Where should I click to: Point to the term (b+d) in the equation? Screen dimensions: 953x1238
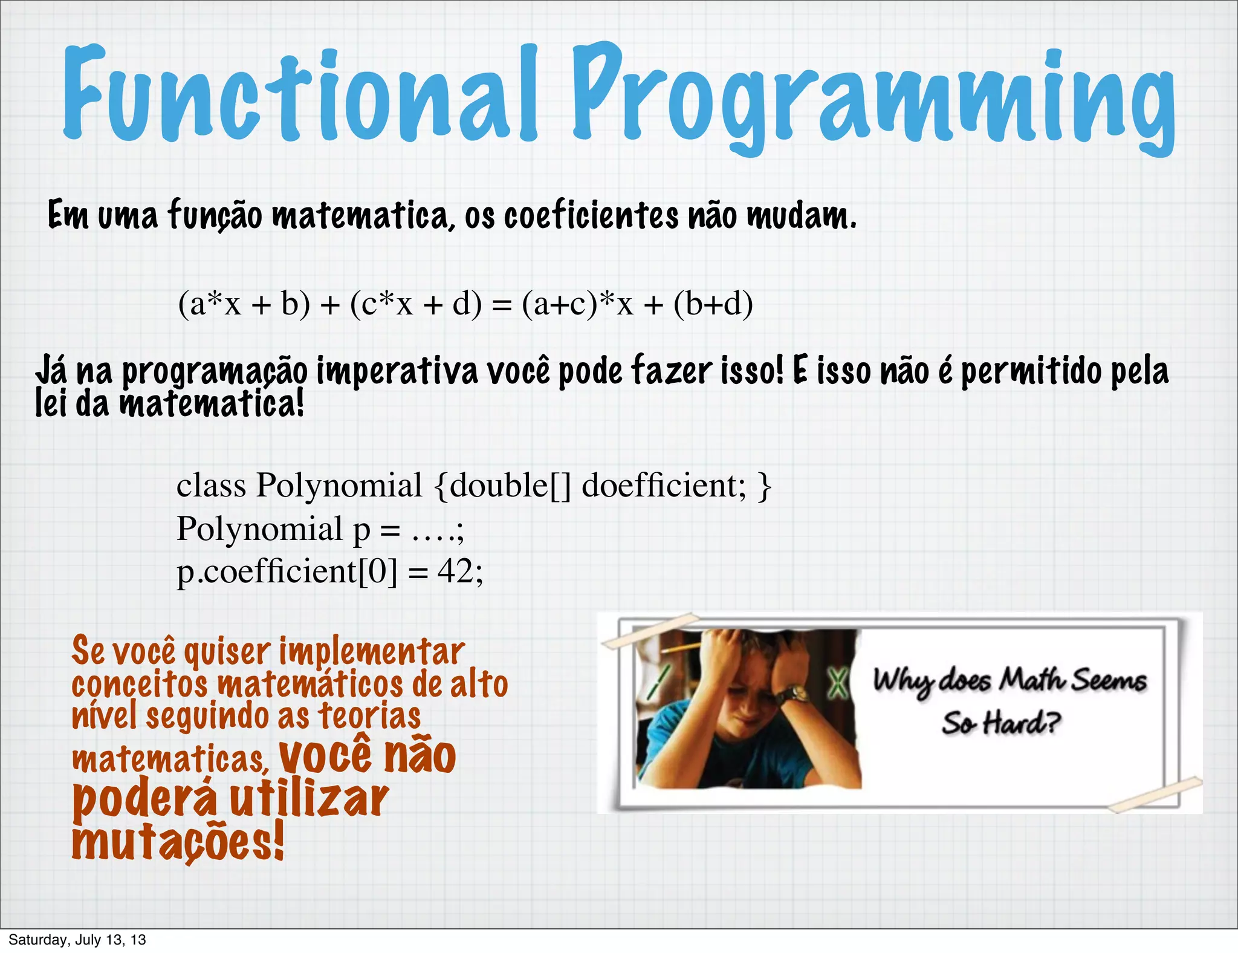click(713, 304)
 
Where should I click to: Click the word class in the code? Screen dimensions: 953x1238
click(211, 485)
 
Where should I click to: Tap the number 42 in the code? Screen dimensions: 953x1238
click(455, 570)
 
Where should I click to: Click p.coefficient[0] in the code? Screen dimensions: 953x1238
click(287, 571)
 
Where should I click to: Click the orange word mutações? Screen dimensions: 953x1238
click(178, 842)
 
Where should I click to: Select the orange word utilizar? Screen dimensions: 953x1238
click(308, 799)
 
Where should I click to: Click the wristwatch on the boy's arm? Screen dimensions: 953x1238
click(793, 694)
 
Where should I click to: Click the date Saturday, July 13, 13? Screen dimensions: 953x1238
click(77, 940)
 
